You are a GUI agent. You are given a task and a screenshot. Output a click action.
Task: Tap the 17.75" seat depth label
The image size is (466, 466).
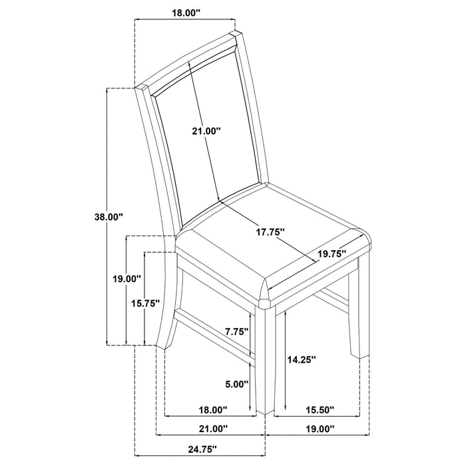[271, 232]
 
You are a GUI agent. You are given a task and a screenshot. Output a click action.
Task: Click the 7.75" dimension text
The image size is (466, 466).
[237, 331]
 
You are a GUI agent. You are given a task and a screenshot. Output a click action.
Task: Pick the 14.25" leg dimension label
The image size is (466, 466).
[301, 359]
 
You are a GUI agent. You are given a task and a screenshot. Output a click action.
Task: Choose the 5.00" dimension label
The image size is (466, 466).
[236, 384]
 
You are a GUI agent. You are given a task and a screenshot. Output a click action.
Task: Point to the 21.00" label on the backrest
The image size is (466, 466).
[206, 132]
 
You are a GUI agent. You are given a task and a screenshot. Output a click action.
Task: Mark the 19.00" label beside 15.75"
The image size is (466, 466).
[126, 279]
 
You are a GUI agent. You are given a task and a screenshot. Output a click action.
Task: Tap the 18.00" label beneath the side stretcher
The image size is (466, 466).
[212, 409]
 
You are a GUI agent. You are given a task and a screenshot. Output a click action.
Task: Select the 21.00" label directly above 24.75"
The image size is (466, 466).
[212, 429]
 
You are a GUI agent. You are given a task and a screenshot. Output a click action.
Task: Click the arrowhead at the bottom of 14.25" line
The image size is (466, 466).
[286, 407]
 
